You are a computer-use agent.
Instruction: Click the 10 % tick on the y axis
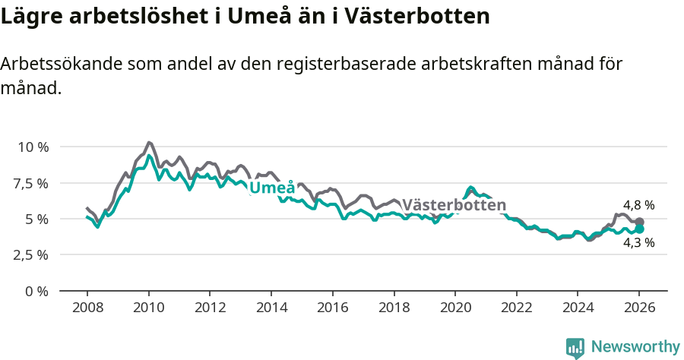(x=32, y=147)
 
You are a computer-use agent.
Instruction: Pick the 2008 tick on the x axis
(x=87, y=308)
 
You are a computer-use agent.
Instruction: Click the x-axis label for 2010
(x=148, y=308)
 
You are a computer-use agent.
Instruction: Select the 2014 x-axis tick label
(x=271, y=308)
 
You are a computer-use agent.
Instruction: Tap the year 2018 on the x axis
(x=394, y=308)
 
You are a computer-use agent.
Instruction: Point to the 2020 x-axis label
(x=455, y=308)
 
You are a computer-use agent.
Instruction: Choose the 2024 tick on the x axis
(x=578, y=308)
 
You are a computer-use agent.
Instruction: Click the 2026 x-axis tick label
(x=639, y=308)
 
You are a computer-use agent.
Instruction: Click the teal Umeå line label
(x=272, y=188)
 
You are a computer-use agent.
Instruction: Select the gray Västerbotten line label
(x=454, y=205)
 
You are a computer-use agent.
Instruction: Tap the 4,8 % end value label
(x=638, y=205)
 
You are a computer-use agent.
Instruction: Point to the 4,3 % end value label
(x=638, y=243)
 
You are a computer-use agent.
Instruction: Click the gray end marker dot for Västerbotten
(x=639, y=222)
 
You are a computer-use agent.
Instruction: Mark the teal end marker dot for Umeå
(x=639, y=229)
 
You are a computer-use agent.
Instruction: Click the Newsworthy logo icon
(x=575, y=347)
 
